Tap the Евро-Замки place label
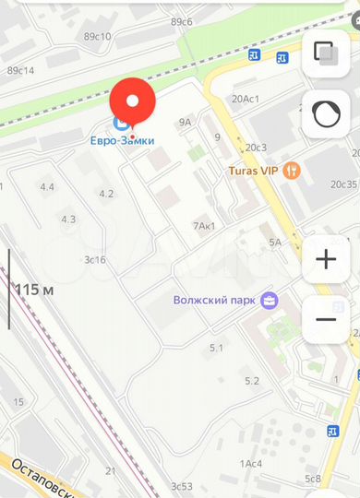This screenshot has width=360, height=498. (122, 140)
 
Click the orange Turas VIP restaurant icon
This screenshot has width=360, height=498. (292, 170)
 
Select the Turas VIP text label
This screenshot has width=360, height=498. (254, 171)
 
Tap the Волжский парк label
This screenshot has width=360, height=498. (215, 300)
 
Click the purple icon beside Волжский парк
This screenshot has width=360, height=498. (270, 300)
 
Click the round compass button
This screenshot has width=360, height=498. (326, 113)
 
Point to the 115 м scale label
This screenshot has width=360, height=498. (35, 290)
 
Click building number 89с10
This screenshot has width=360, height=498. (97, 37)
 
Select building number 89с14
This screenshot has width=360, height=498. (20, 70)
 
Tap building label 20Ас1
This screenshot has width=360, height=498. (246, 99)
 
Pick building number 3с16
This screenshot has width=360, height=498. (95, 260)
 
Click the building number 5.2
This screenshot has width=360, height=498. (251, 381)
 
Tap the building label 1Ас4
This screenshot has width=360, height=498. (251, 463)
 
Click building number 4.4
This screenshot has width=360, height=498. (46, 187)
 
